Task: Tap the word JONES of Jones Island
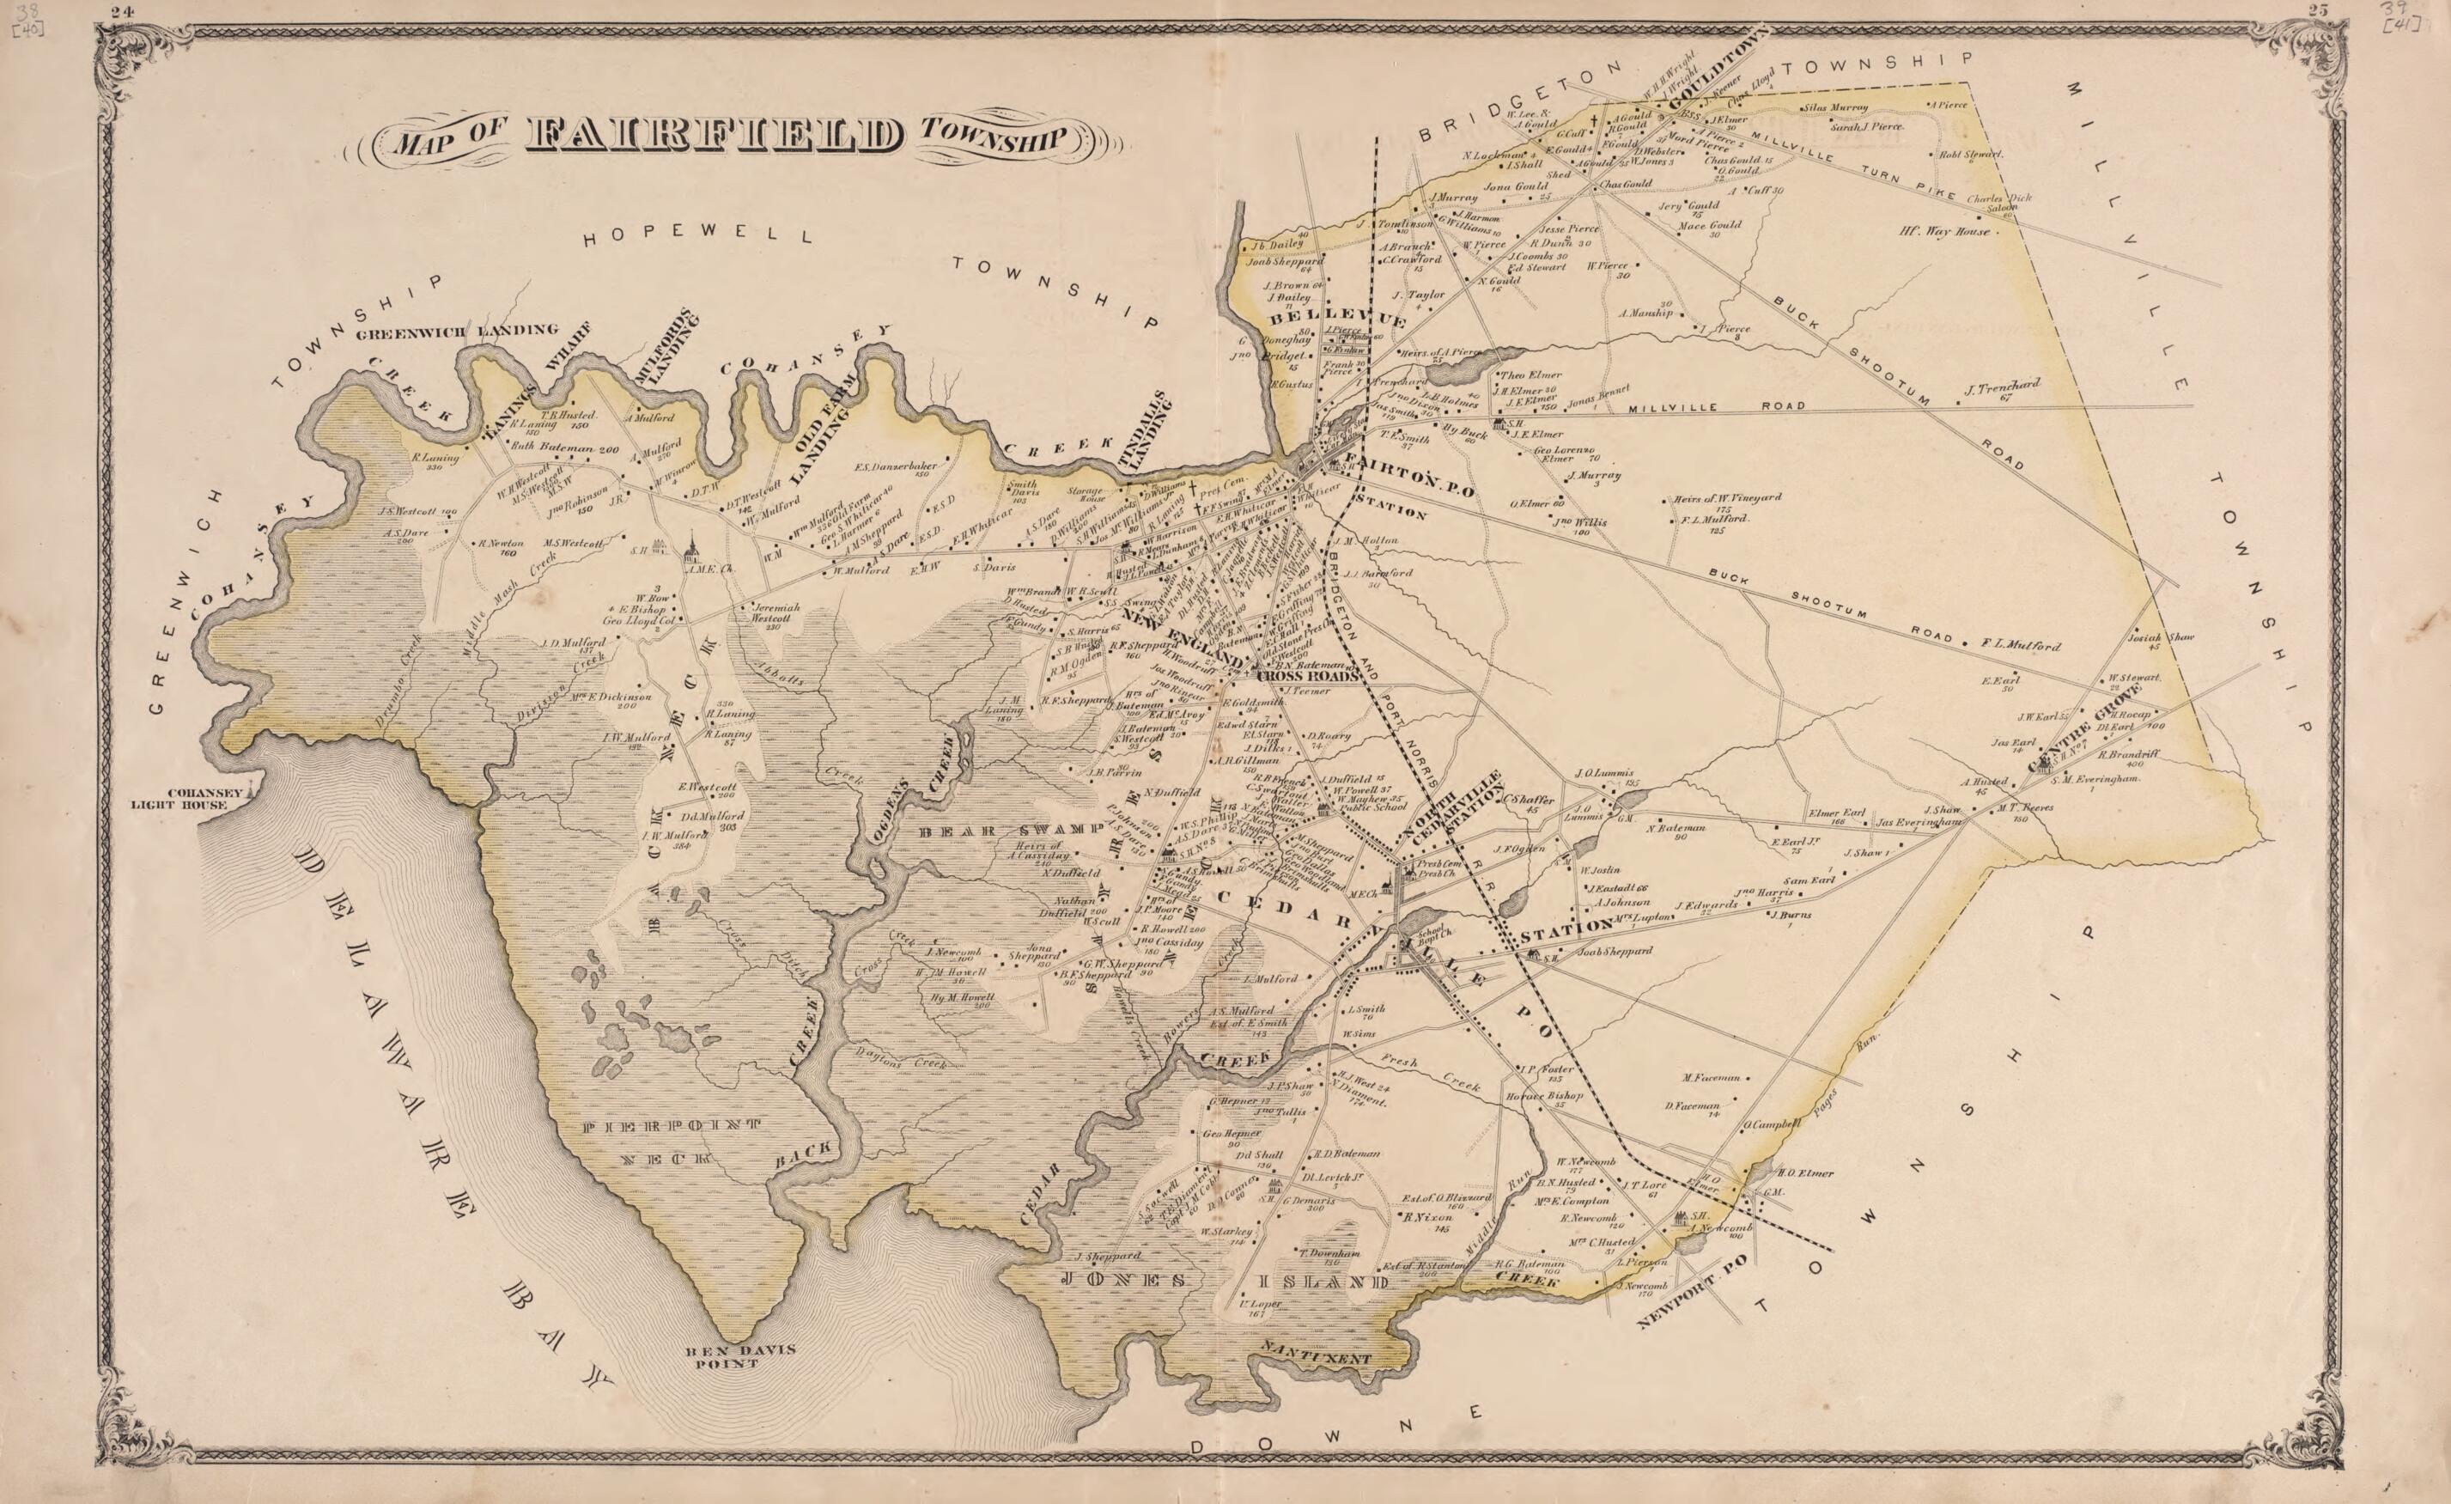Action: (x=1123, y=1279)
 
